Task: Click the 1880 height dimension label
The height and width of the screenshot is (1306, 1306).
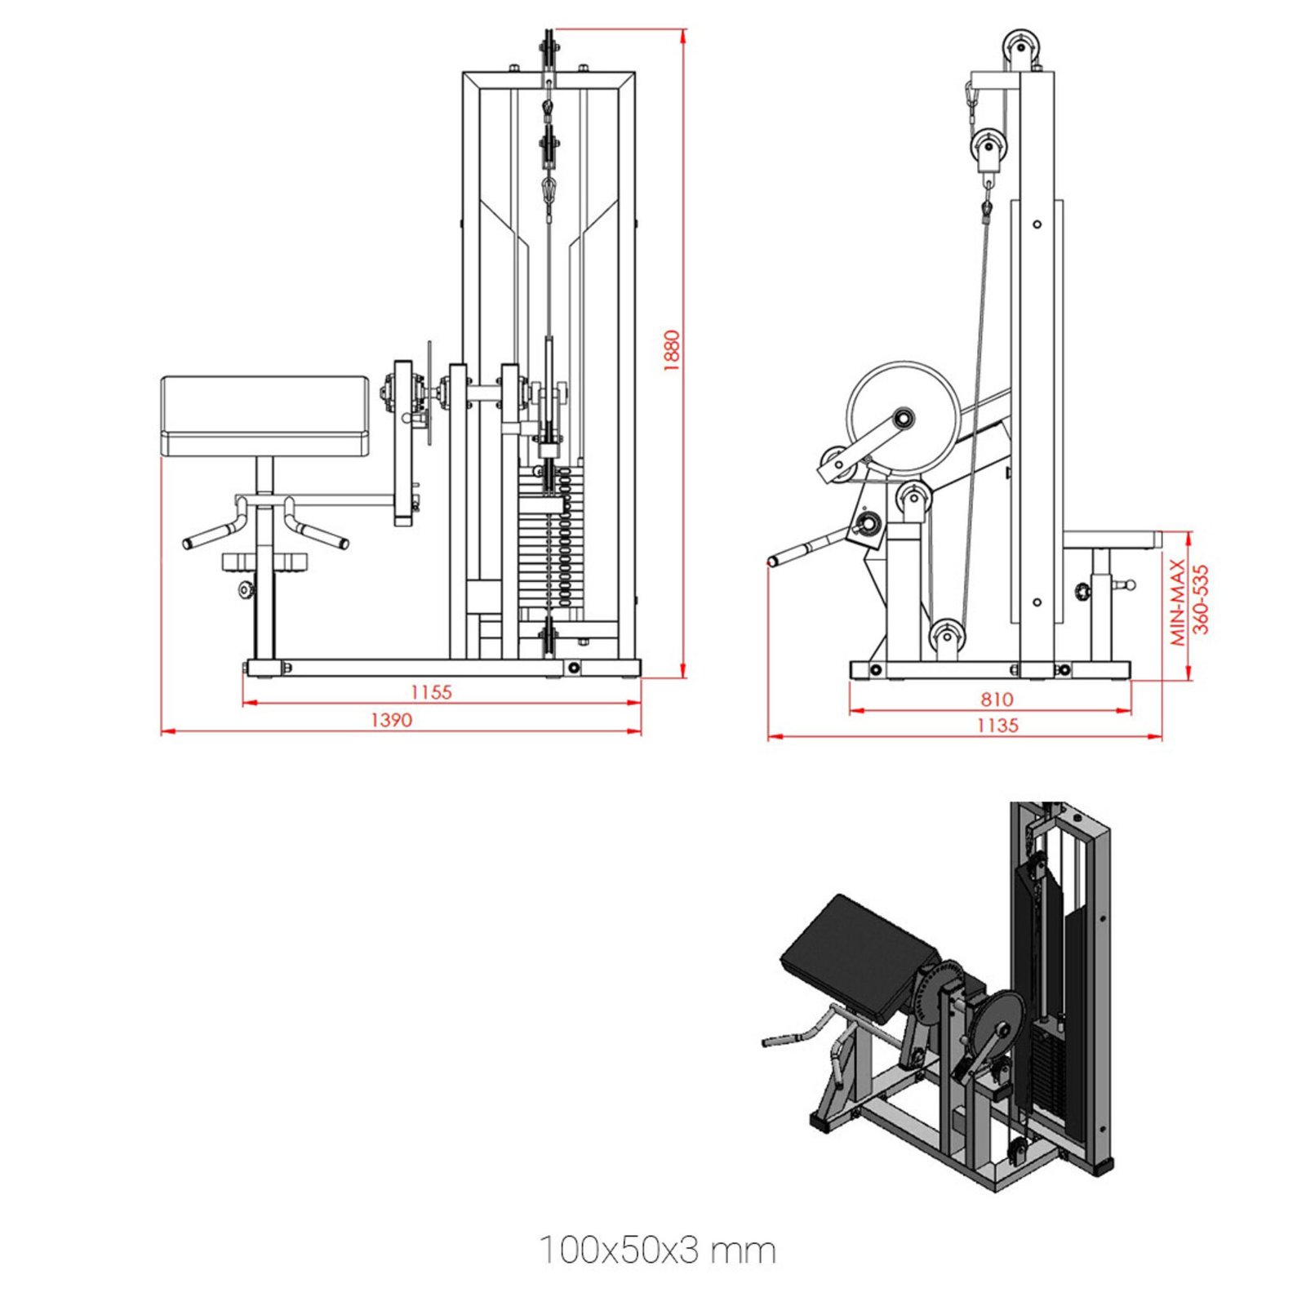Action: pos(671,351)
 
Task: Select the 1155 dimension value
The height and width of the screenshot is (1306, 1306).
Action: pos(431,692)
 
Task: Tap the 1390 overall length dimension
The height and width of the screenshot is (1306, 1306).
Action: pos(392,720)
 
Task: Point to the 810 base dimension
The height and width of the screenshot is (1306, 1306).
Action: pos(997,699)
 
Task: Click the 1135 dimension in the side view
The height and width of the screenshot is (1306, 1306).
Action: pos(997,725)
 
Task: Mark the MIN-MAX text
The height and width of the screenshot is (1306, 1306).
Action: pos(1178,602)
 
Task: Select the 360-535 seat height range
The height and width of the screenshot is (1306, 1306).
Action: pos(1201,599)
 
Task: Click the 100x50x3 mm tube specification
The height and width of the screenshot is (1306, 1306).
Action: pos(657,1250)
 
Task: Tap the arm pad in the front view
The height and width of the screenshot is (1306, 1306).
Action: pos(265,415)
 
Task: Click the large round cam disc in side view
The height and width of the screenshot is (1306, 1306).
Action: pos(903,419)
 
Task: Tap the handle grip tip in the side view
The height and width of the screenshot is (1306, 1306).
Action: pos(775,561)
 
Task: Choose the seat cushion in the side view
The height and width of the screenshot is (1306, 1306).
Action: pos(1112,540)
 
